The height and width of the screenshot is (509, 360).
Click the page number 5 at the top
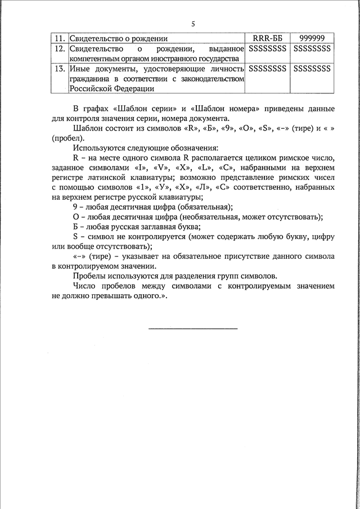pos(192,24)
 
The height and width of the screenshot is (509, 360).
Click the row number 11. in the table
pos(59,38)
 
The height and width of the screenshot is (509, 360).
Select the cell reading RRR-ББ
pos(268,38)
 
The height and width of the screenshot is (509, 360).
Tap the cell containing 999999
pos(312,38)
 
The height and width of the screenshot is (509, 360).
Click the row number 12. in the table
pos(59,49)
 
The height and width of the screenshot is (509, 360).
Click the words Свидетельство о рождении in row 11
pos(119,38)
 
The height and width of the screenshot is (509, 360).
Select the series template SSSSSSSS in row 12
pos(268,49)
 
